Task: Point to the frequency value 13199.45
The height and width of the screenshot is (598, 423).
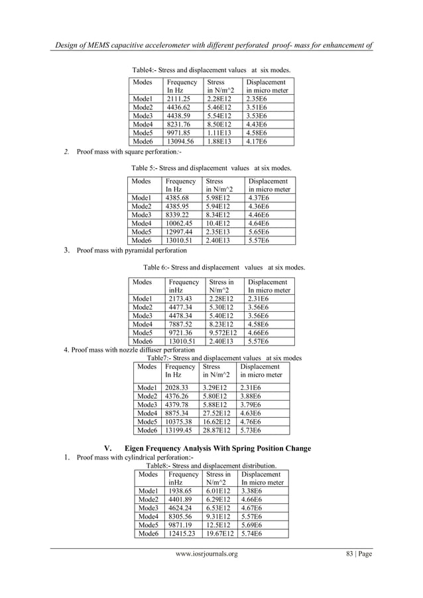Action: click(x=180, y=429)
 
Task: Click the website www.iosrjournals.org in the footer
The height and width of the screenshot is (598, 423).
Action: click(x=206, y=572)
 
